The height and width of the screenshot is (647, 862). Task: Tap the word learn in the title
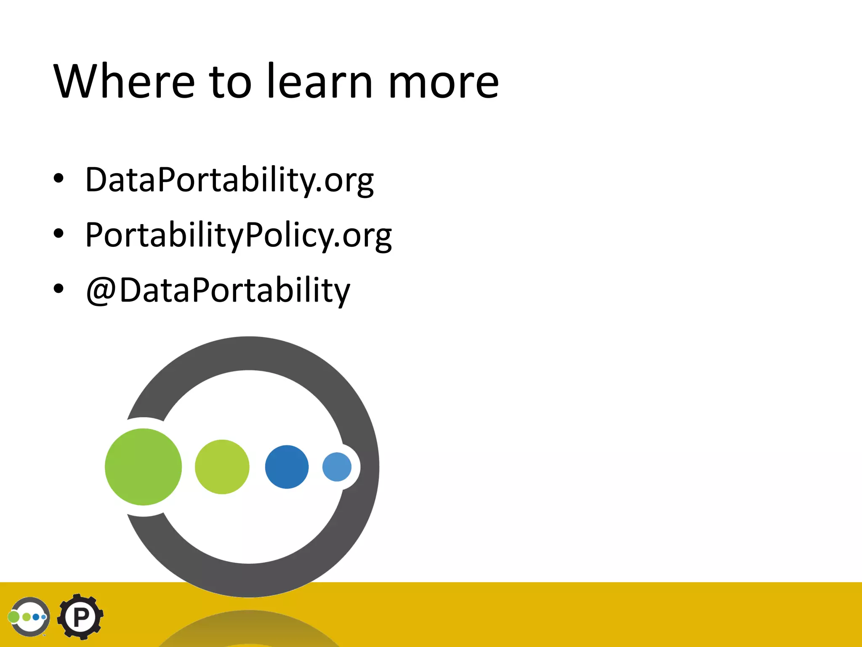[x=320, y=81]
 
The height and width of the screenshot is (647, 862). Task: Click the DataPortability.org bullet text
[x=229, y=180]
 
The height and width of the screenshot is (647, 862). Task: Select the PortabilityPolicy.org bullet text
[x=238, y=235]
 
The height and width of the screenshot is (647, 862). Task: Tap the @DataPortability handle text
[x=218, y=291]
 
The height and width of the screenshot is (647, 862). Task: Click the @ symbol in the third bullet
[x=101, y=291]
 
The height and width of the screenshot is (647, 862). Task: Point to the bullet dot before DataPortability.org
[x=59, y=179]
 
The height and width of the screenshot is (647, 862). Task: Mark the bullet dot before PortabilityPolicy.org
[x=59, y=234]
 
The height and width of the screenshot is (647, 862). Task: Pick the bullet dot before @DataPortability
[x=59, y=289]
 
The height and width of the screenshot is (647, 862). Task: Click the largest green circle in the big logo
[x=143, y=467]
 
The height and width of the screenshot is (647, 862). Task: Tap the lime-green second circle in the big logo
[x=222, y=467]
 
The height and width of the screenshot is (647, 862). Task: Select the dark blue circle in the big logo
[x=287, y=467]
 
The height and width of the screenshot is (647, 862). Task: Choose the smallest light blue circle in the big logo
[x=337, y=467]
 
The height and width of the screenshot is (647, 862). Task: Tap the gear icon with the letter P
[x=80, y=617]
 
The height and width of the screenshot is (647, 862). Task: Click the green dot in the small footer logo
[x=14, y=617]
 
